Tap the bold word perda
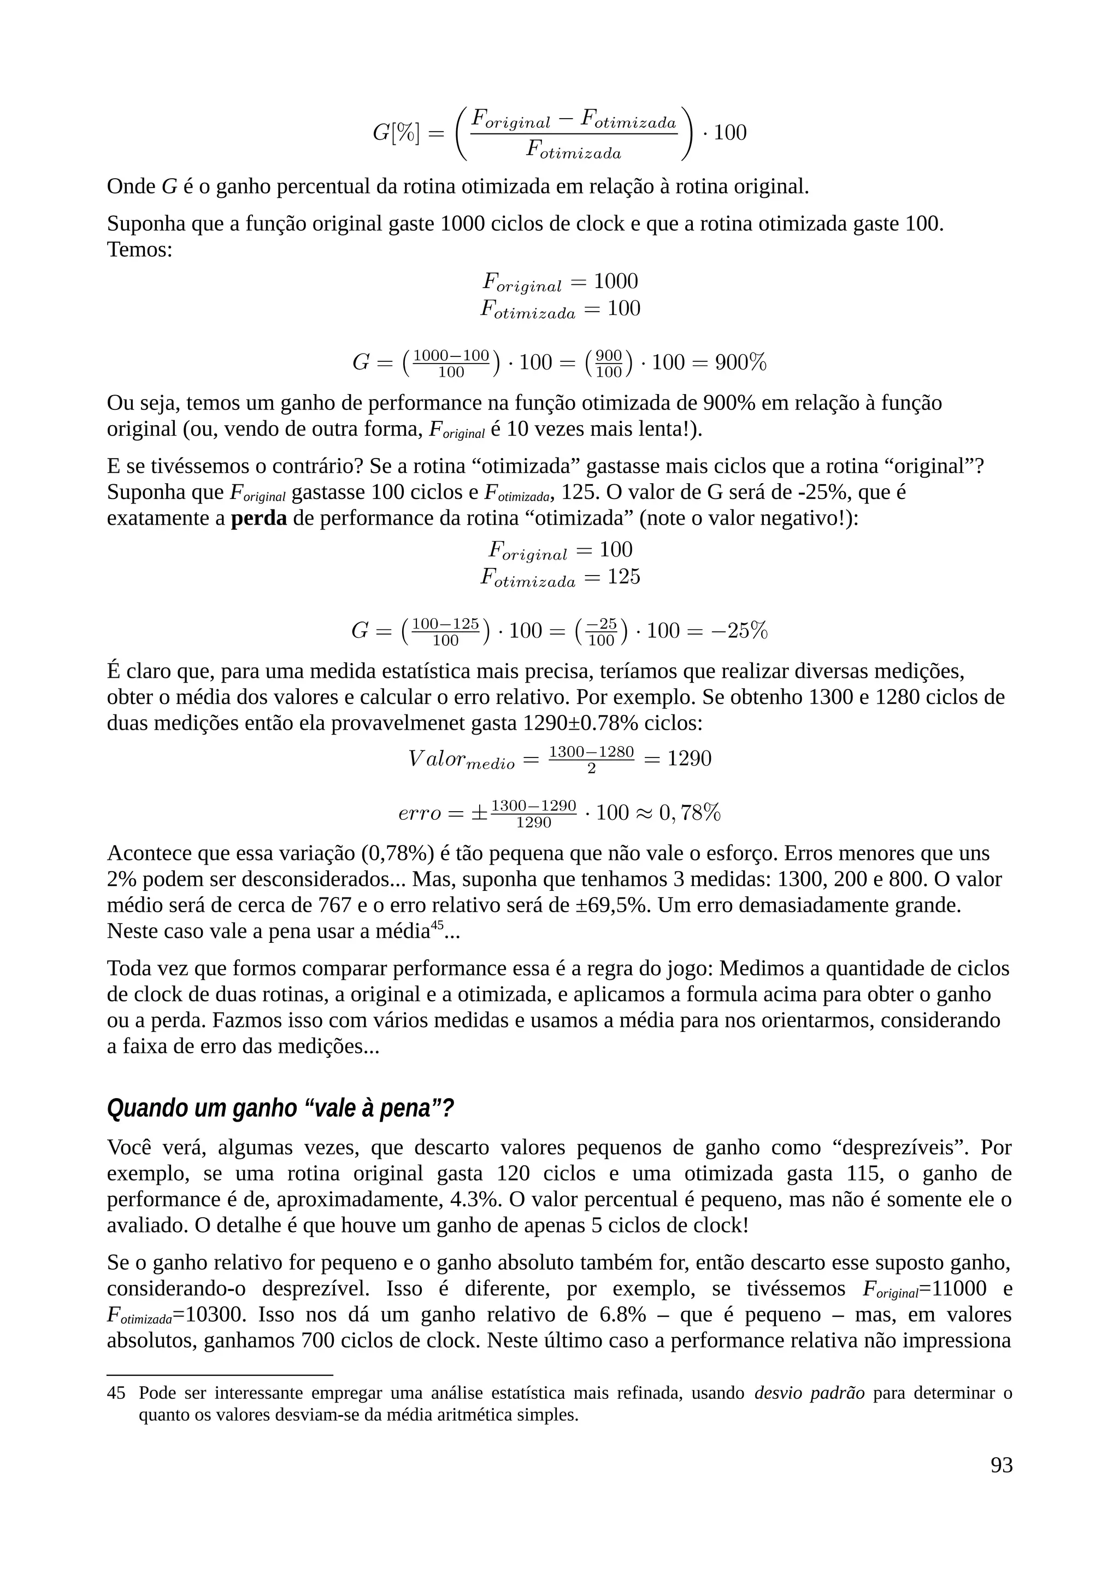(258, 518)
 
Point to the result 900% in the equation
(740, 362)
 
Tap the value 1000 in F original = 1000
(616, 281)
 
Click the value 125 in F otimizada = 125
(623, 576)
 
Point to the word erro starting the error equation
(419, 813)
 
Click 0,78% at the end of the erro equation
(690, 813)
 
